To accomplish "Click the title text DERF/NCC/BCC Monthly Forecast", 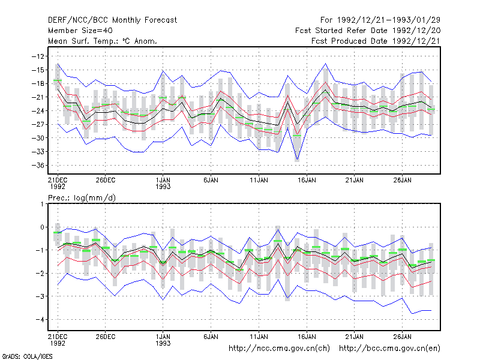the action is tap(112, 20).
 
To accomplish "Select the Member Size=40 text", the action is tap(80, 31).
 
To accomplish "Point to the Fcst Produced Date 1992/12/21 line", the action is tap(376, 41).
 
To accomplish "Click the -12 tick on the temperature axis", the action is tap(38, 56).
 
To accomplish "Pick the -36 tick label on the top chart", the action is tap(38, 166).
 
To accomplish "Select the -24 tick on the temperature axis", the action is tap(38, 111).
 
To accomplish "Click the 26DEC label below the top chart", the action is tap(106, 180).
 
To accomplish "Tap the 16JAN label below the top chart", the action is tap(307, 180).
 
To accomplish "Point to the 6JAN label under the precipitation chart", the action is tap(211, 337).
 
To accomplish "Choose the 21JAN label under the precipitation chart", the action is tap(355, 337).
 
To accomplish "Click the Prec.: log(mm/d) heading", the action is tap(82, 198).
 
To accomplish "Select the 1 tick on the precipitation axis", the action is tap(42, 204).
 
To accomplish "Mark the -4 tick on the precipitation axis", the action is tap(40, 320).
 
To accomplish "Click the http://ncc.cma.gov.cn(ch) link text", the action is tap(279, 349).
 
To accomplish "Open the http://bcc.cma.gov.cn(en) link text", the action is tap(389, 349).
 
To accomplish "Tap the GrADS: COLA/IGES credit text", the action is tap(27, 356).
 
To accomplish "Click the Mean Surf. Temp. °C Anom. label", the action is tap(103, 41).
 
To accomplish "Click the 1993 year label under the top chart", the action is tap(163, 187).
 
